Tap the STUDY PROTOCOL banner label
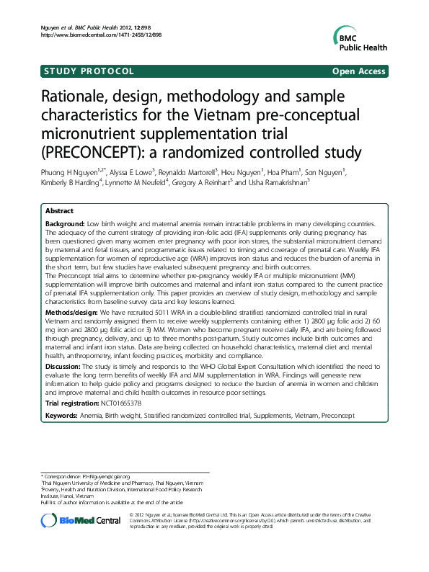tap(89, 71)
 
